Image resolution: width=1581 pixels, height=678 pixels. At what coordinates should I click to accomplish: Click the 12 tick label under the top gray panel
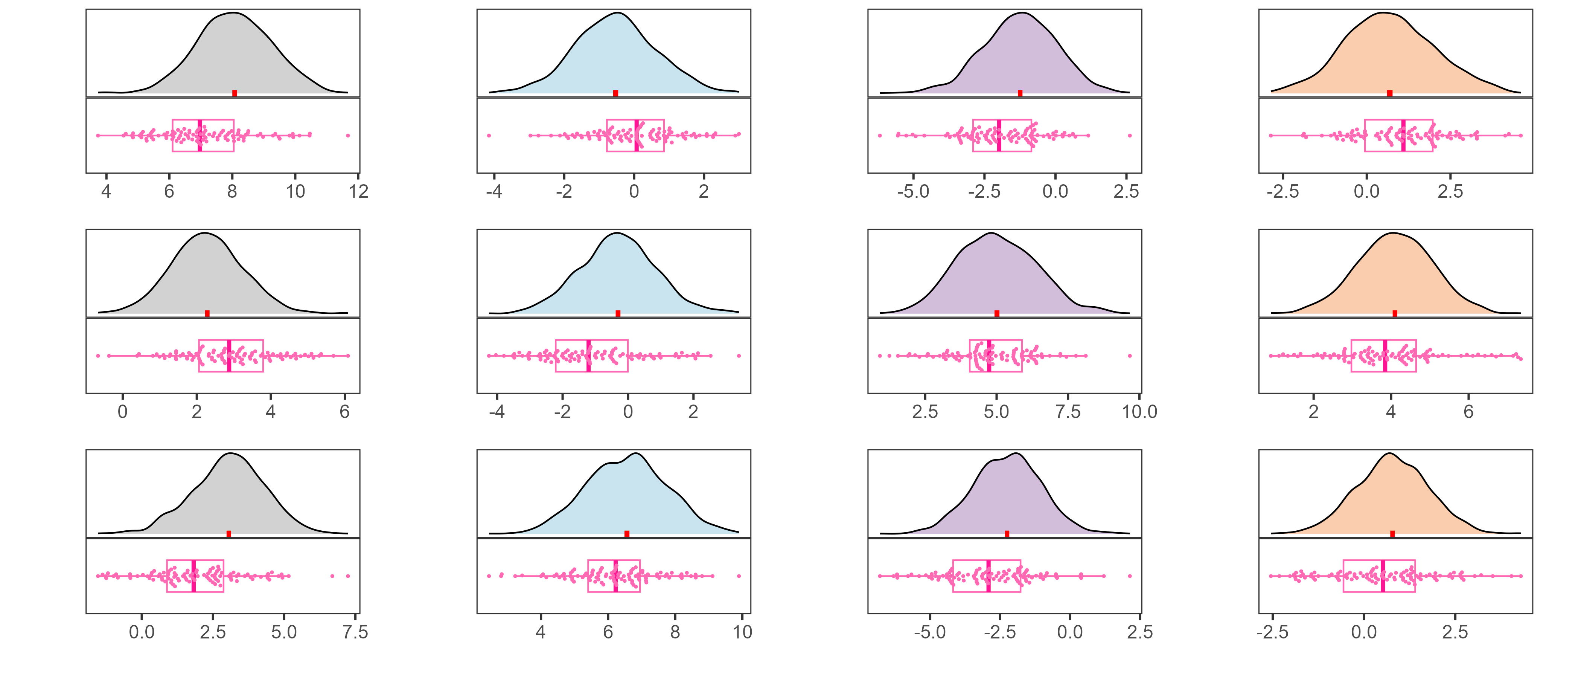[x=358, y=192]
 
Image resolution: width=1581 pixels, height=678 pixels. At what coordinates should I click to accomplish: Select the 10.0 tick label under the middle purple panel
[x=1139, y=412]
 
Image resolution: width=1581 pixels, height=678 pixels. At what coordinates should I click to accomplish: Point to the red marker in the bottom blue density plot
[x=627, y=534]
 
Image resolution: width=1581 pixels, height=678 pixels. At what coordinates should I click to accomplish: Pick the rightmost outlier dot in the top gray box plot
[x=348, y=135]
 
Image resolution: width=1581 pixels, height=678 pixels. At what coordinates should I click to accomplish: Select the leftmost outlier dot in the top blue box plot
[x=489, y=135]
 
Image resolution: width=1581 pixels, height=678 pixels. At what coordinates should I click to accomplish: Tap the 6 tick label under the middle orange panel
[x=1468, y=412]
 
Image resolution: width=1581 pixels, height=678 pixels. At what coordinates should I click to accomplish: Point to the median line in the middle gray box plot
[x=229, y=356]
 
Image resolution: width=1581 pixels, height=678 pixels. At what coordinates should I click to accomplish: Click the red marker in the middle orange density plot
[x=1395, y=314]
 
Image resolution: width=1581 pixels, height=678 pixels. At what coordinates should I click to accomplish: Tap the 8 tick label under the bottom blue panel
[x=675, y=632]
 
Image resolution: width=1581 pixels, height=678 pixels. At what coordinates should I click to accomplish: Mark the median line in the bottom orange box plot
[x=1383, y=576]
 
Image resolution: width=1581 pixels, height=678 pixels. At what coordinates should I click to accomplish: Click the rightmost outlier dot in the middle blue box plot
[x=738, y=356]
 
